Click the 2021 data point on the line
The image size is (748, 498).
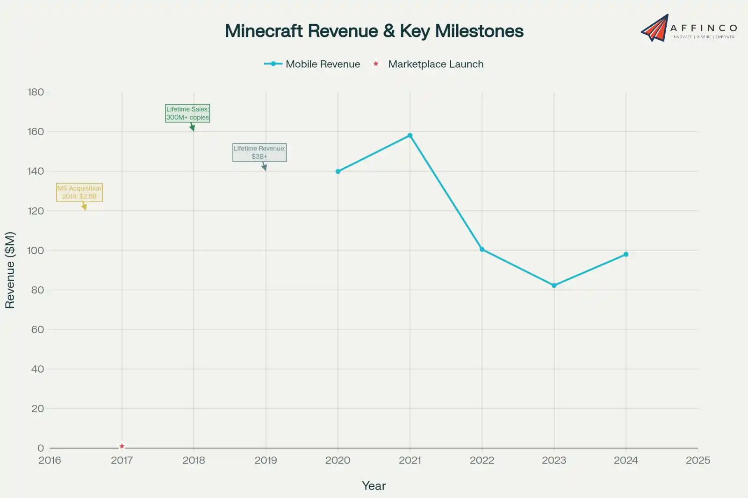(x=410, y=135)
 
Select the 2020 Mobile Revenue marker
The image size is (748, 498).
(x=338, y=171)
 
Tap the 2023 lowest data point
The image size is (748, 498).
(x=554, y=285)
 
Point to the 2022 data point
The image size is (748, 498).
(x=482, y=249)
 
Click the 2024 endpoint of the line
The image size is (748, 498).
(x=626, y=255)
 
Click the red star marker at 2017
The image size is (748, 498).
(x=122, y=446)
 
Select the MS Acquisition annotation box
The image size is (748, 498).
(x=79, y=192)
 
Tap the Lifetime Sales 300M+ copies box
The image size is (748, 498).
(x=187, y=113)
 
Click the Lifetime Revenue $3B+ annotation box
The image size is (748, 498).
(x=259, y=152)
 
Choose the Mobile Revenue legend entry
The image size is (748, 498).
(x=312, y=64)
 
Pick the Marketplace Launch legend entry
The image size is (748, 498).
(x=428, y=64)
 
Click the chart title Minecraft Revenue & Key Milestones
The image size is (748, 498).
(x=374, y=31)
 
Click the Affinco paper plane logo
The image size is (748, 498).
(x=655, y=28)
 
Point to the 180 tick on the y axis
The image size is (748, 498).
(x=36, y=92)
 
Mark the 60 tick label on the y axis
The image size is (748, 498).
(x=37, y=329)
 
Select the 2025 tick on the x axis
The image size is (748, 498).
(x=698, y=460)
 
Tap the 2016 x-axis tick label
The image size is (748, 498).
(x=50, y=460)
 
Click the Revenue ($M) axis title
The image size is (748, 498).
(x=10, y=270)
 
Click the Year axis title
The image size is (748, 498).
(x=374, y=486)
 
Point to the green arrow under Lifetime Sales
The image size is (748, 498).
(x=192, y=128)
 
